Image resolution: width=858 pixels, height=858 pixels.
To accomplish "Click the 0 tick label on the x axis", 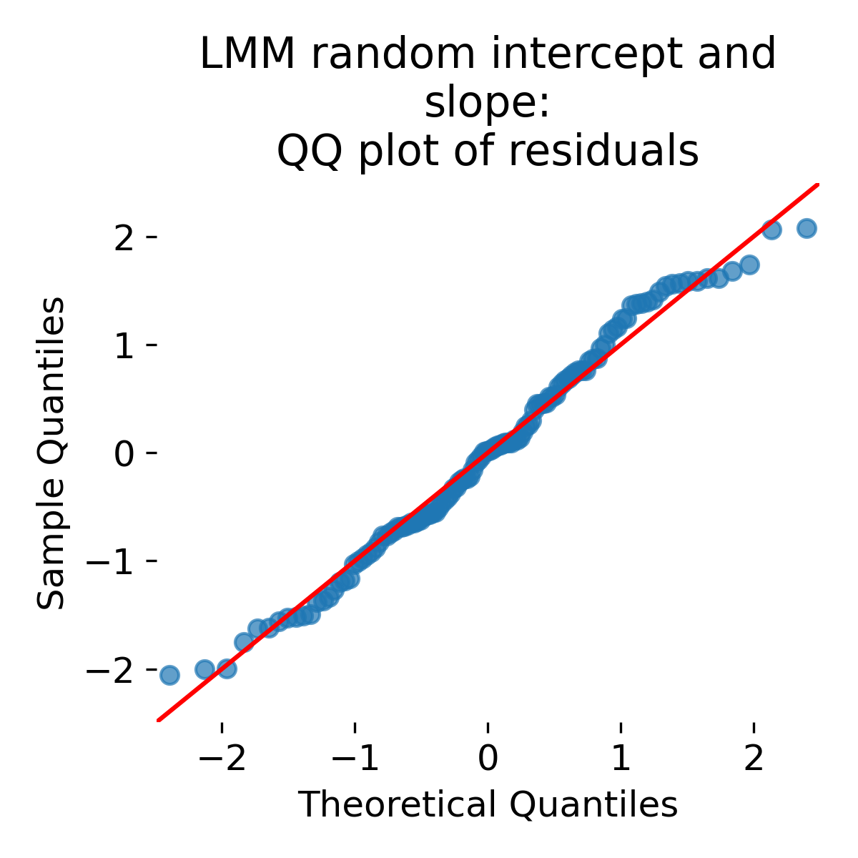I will (x=488, y=759).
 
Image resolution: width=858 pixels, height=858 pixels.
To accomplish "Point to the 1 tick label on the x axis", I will (x=621, y=759).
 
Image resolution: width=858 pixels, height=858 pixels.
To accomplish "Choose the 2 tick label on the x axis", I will (x=754, y=759).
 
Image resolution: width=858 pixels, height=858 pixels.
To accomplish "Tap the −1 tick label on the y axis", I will (x=112, y=561).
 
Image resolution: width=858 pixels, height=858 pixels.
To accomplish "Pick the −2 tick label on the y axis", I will (x=112, y=669).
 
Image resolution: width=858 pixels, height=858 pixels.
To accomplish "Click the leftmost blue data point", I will (x=169, y=675).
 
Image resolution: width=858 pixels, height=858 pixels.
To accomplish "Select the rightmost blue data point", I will (x=807, y=229).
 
